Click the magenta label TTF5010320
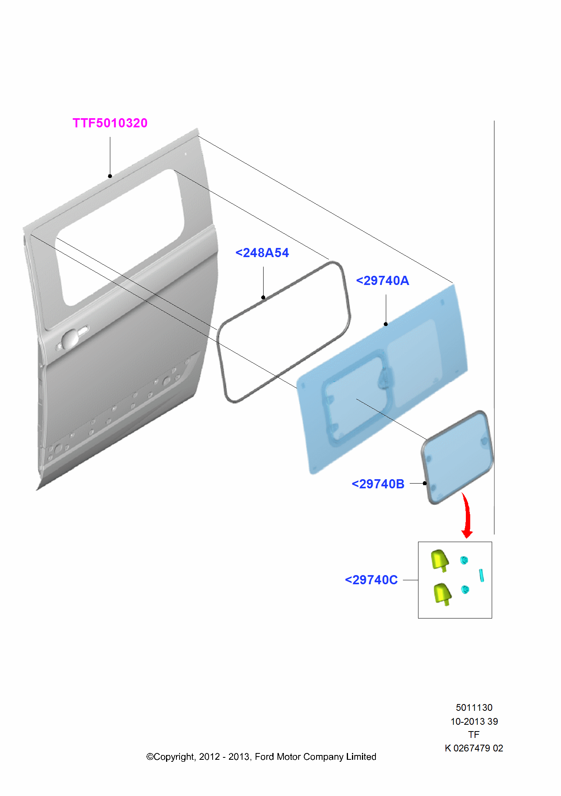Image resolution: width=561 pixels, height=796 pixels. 110,123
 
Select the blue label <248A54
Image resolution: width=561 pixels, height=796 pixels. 262,253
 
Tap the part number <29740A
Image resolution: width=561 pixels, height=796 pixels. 383,281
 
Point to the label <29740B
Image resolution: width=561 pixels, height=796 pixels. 378,484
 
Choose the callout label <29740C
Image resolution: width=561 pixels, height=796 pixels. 371,580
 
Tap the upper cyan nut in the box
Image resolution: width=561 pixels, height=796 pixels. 464,560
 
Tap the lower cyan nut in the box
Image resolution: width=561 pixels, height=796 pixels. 465,589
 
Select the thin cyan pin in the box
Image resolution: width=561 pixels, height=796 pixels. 481,576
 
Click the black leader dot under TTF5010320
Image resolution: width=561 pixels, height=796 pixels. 110,176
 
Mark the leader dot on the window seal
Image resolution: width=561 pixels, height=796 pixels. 263,297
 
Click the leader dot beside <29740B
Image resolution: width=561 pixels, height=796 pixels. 425,483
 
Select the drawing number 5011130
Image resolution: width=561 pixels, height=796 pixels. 474,708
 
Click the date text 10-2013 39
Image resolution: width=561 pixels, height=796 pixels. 474,722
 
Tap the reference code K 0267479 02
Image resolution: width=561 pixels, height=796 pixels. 474,748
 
